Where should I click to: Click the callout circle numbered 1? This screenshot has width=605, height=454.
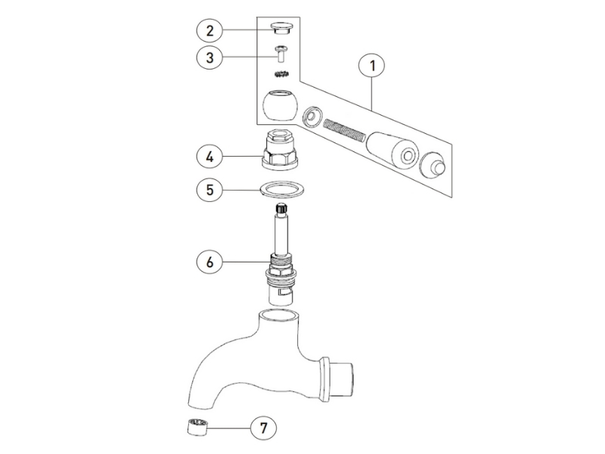[x=372, y=66]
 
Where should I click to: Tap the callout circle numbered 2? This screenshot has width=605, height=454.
[x=209, y=30]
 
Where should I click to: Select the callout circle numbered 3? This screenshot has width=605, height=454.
[x=209, y=58]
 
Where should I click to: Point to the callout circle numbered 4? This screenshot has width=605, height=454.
[x=209, y=157]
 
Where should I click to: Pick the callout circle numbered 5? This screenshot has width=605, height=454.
[x=209, y=190]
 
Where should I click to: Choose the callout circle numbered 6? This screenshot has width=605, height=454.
[x=209, y=262]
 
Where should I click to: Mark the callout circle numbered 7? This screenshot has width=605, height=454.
[x=263, y=428]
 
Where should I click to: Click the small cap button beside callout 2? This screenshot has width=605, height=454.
[x=281, y=28]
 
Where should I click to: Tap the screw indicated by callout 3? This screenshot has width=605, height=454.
[x=281, y=54]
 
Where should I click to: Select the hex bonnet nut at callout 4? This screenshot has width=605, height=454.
[x=280, y=150]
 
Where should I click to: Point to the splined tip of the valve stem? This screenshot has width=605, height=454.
[x=281, y=210]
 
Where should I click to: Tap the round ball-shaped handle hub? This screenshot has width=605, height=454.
[x=280, y=106]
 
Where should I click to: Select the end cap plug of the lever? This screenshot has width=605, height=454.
[x=433, y=166]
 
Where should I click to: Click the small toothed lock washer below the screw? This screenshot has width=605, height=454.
[x=281, y=73]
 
